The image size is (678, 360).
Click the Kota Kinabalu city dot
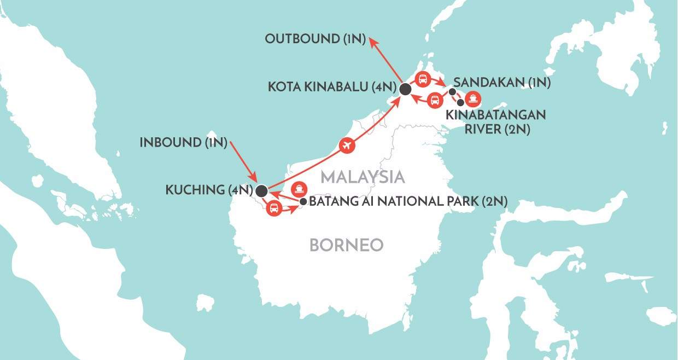point(405,89)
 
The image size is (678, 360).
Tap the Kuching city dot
point(261,191)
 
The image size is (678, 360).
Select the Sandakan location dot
point(452,91)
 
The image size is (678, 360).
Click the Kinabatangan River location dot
point(461,102)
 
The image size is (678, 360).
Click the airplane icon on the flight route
point(346,145)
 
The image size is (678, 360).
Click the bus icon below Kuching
point(274,208)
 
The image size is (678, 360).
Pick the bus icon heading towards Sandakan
point(422,80)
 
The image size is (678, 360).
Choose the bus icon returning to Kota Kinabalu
point(435,100)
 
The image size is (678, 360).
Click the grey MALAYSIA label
point(363,177)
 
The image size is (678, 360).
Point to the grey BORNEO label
point(346,245)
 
